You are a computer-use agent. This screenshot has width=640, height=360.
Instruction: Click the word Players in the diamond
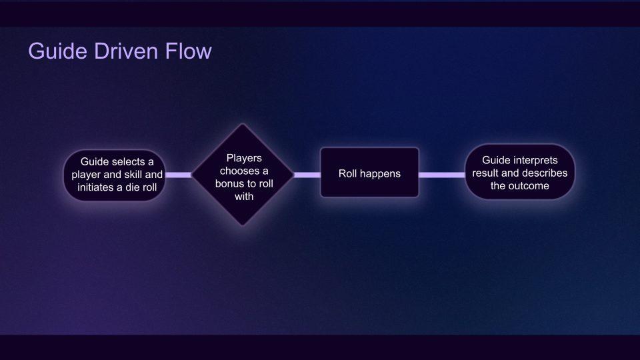[244, 158]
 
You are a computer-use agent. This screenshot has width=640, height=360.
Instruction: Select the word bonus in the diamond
[230, 184]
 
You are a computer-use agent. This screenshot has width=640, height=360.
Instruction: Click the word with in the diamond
[244, 197]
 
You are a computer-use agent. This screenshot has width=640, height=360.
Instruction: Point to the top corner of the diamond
[243, 125]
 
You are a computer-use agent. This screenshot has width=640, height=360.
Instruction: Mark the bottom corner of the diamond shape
[243, 225]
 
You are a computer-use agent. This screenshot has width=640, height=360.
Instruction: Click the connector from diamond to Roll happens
[307, 175]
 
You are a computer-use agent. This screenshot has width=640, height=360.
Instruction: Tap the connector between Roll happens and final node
[441, 175]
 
